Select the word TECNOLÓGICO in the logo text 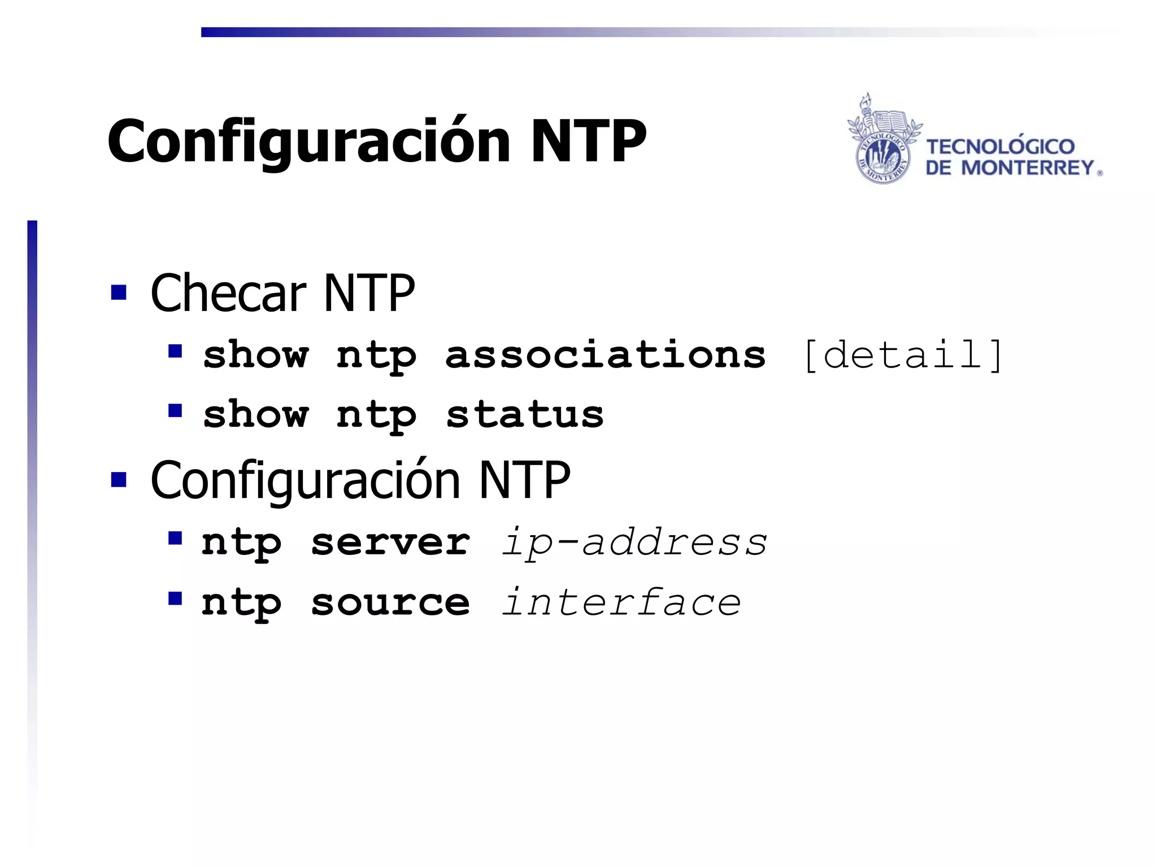point(1000,147)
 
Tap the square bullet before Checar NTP point(119,292)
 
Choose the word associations point(605,355)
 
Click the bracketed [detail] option point(903,355)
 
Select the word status point(525,414)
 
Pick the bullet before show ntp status point(175,410)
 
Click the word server point(390,543)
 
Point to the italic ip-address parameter point(634,543)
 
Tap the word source point(390,602)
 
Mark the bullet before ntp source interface point(175,598)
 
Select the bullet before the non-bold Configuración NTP point(119,479)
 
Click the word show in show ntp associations point(256,355)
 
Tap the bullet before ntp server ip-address point(175,538)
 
